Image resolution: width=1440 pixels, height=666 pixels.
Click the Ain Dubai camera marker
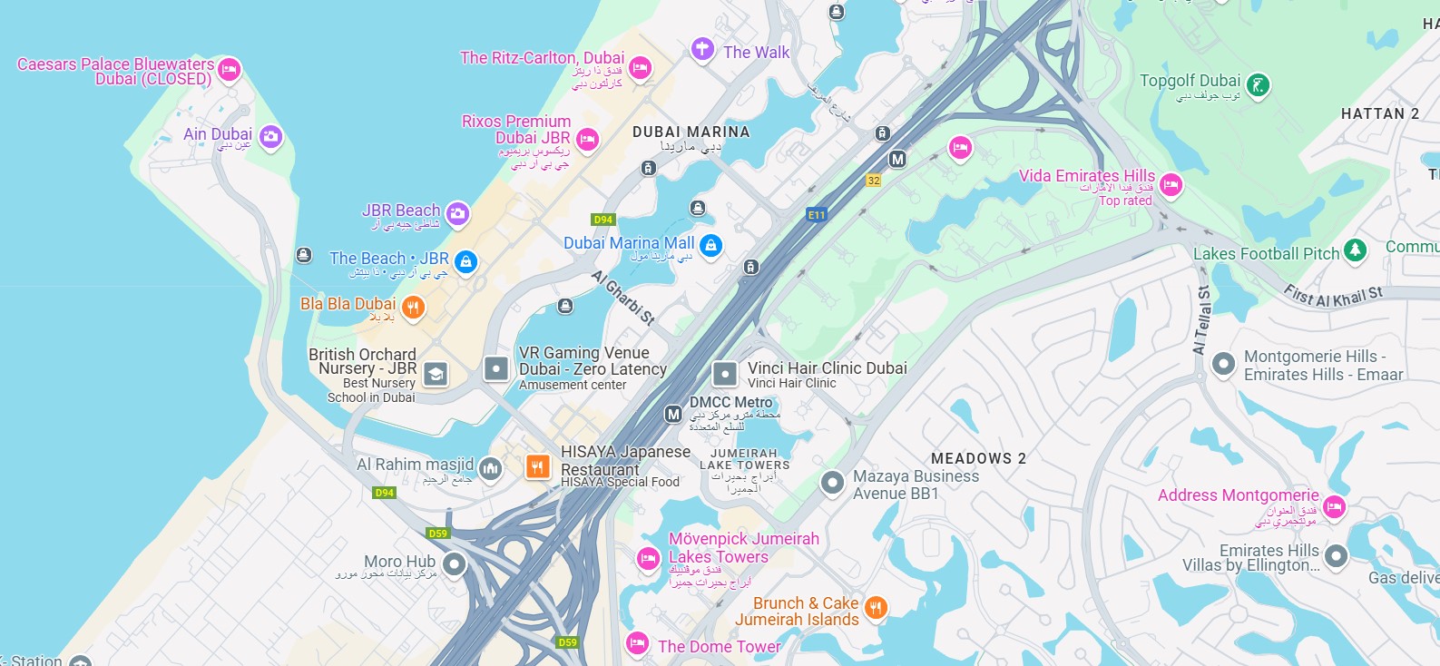[x=270, y=137]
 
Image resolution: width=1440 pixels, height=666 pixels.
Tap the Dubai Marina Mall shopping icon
[x=710, y=245]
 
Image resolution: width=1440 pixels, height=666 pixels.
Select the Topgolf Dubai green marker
[x=1257, y=85]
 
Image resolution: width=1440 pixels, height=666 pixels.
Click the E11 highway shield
[x=817, y=215]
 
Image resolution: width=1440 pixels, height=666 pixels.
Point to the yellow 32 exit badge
[x=874, y=181]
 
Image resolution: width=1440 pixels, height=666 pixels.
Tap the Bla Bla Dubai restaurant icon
[x=413, y=308]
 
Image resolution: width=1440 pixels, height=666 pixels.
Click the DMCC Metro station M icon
[x=673, y=414]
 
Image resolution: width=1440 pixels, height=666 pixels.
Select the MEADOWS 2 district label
[x=978, y=458]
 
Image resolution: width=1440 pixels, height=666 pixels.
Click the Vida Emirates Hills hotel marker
[x=1171, y=184]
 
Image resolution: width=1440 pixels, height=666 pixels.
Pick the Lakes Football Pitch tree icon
[x=1355, y=250]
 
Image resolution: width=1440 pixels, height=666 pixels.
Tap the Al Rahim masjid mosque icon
[x=490, y=468]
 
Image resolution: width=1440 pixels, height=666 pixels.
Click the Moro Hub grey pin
[x=454, y=565]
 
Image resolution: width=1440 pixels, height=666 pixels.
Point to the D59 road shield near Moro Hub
[x=438, y=534]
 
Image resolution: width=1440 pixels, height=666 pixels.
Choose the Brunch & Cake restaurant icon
[x=875, y=607]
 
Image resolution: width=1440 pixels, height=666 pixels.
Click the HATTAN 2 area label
[x=1379, y=113]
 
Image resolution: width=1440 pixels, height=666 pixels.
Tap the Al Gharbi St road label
[x=623, y=298]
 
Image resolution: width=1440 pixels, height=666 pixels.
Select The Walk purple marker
[x=702, y=48]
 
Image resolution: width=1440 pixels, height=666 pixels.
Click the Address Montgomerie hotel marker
[x=1334, y=505]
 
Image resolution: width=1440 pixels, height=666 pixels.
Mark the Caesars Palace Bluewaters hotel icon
[x=229, y=68]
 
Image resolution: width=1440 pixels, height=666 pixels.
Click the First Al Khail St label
[x=1333, y=296]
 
